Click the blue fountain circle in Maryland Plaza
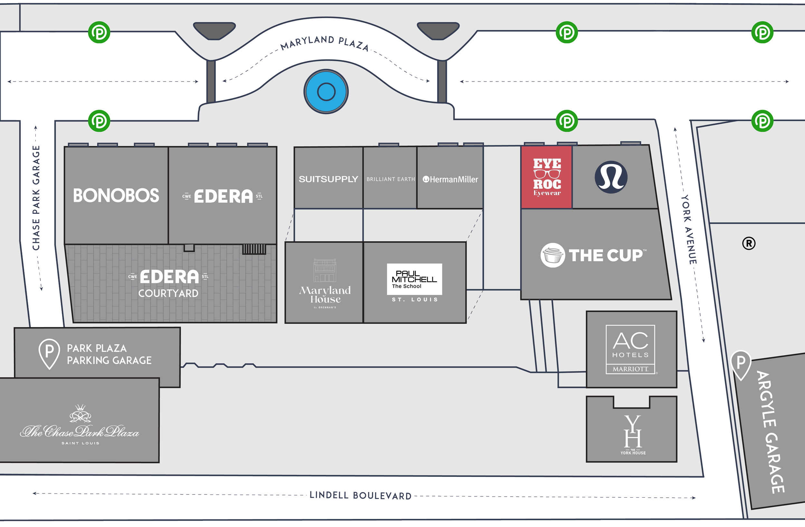pyautogui.click(x=326, y=92)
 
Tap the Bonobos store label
pyautogui.click(x=116, y=196)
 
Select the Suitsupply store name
pyautogui.click(x=328, y=179)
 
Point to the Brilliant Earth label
pyautogui.click(x=391, y=179)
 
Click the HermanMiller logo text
pyautogui.click(x=450, y=180)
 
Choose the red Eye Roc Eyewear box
pyautogui.click(x=546, y=177)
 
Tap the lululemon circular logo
pyautogui.click(x=611, y=177)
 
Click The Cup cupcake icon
pyautogui.click(x=552, y=255)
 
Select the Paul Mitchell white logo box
pyautogui.click(x=414, y=279)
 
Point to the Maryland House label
pyautogui.click(x=325, y=295)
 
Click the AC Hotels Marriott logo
pyautogui.click(x=630, y=349)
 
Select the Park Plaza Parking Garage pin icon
pyautogui.click(x=49, y=353)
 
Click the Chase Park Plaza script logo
pyautogui.click(x=80, y=431)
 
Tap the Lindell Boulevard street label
pyautogui.click(x=361, y=495)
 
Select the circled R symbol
pyautogui.click(x=749, y=243)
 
